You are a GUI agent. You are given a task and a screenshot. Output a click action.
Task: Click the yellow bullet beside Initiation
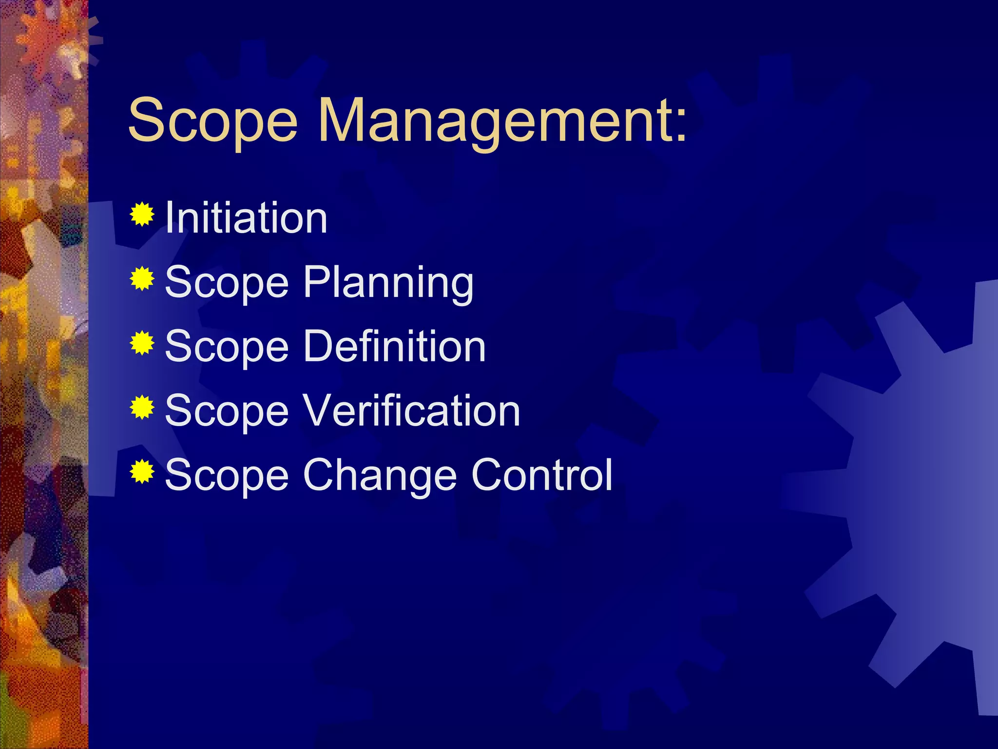tap(142, 214)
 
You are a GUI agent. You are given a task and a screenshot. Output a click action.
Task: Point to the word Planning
tap(388, 283)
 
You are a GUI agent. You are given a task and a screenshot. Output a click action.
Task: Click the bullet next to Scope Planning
tap(142, 278)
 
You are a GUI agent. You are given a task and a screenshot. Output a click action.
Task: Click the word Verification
tap(411, 411)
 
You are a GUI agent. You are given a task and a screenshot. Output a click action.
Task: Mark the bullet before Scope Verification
tap(142, 407)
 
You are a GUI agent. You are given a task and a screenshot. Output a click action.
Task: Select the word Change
tap(380, 475)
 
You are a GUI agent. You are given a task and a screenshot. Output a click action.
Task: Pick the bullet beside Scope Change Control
tap(142, 472)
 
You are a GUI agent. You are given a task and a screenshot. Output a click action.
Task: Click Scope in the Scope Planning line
tap(227, 283)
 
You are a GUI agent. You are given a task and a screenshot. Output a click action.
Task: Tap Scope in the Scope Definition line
tap(227, 347)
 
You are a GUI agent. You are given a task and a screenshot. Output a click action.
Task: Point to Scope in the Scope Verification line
tap(227, 412)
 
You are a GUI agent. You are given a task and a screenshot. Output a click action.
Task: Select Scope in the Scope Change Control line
tap(227, 476)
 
